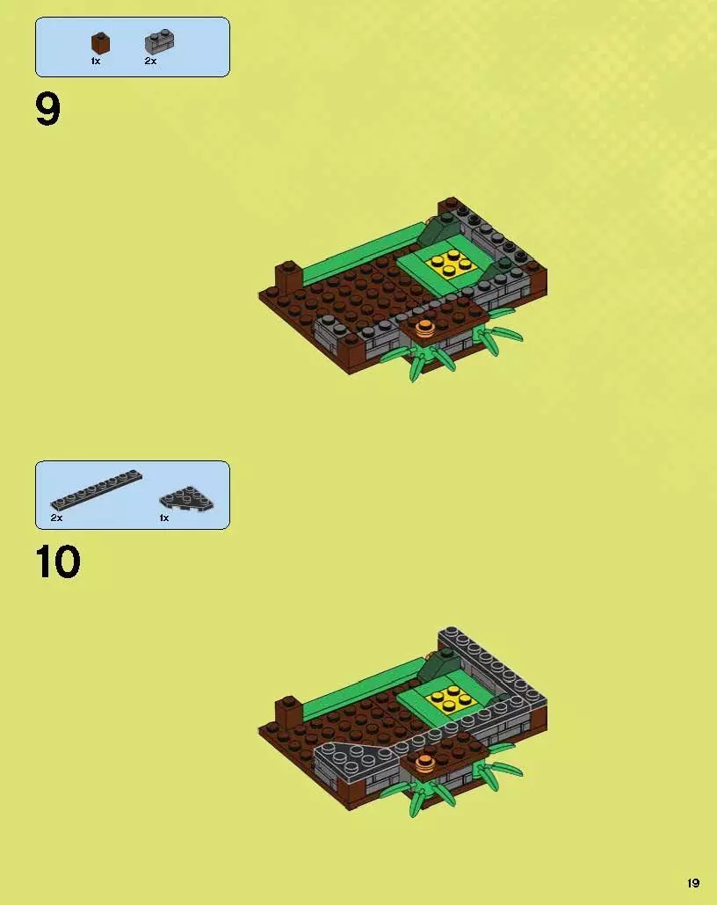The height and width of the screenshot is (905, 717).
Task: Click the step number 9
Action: tap(48, 111)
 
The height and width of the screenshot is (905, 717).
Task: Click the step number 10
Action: tap(58, 562)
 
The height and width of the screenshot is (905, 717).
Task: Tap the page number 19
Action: tap(693, 883)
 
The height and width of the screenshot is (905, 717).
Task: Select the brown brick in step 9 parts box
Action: tap(100, 43)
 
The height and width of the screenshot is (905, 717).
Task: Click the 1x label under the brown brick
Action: tap(96, 62)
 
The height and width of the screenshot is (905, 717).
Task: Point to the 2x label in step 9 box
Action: tap(150, 62)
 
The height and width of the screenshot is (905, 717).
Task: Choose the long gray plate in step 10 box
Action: tap(96, 489)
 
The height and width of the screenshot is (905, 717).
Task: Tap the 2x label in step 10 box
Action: tap(56, 518)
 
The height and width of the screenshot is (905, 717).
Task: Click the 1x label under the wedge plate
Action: tap(164, 518)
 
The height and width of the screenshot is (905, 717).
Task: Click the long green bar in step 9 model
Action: tap(362, 253)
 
